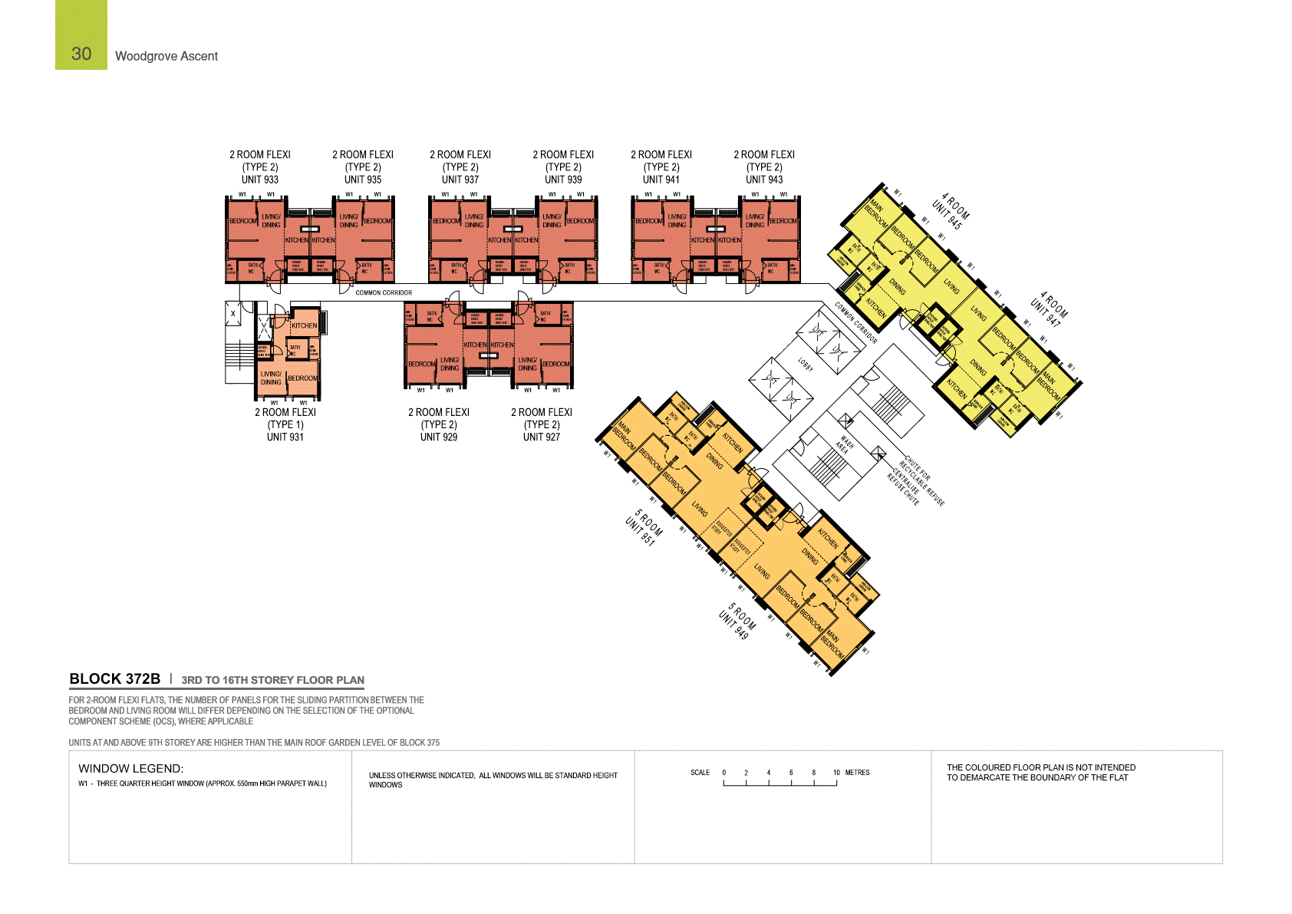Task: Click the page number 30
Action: coord(81,54)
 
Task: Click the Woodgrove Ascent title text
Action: coord(166,56)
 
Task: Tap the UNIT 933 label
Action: coord(260,180)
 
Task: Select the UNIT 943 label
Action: coord(764,180)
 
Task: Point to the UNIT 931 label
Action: coord(285,437)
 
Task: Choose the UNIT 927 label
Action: coord(542,437)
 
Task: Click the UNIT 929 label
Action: coord(439,437)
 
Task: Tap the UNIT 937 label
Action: coord(460,180)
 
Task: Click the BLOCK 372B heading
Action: coord(115,679)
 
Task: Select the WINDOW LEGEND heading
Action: coord(131,768)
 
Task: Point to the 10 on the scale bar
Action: coord(836,773)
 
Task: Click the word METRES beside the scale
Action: coord(858,773)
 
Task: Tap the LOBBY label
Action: coord(806,365)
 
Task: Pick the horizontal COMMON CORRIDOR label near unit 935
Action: coord(384,292)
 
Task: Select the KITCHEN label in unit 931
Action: coord(304,325)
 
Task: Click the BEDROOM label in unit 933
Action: coord(243,221)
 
